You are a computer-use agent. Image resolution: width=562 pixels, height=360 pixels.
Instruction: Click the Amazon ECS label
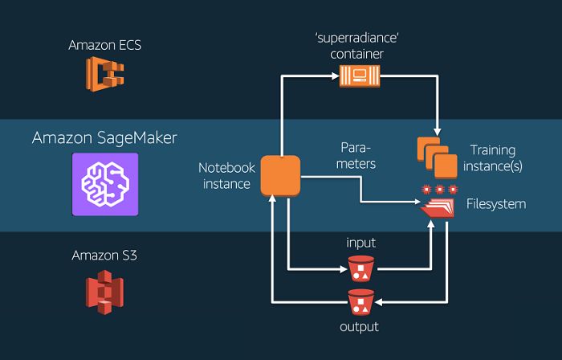tap(104, 45)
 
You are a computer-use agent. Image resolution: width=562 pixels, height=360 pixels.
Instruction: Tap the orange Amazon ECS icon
tap(104, 76)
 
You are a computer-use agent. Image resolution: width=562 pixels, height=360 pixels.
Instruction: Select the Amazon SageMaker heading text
tap(104, 137)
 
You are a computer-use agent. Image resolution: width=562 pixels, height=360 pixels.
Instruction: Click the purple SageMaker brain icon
tap(104, 184)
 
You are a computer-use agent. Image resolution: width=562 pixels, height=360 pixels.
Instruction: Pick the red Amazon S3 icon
tap(104, 290)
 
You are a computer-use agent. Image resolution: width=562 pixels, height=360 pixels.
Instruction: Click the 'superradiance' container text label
tap(357, 46)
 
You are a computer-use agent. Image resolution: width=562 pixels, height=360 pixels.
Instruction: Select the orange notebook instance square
tap(279, 176)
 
